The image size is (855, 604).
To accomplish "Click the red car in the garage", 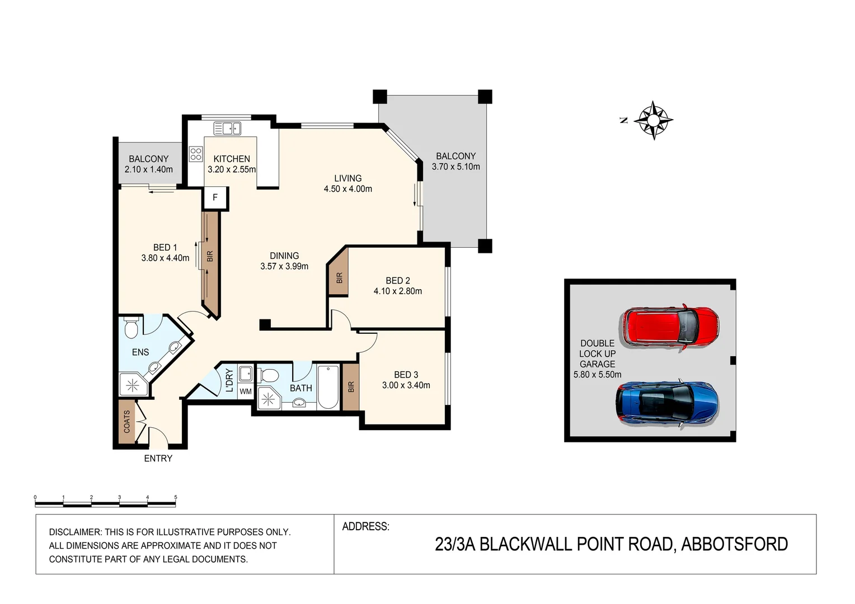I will [669, 327].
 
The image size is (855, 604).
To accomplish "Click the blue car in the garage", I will [667, 404].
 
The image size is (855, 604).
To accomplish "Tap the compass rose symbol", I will [654, 120].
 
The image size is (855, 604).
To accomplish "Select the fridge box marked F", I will [215, 198].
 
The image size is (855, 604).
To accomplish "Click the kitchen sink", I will [227, 129].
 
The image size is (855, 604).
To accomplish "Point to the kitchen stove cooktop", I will [195, 154].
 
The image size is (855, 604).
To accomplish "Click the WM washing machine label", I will [246, 392].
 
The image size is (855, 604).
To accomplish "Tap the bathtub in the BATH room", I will [328, 387].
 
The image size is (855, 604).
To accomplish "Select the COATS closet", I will [127, 422].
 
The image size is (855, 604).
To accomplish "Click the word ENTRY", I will [158, 459].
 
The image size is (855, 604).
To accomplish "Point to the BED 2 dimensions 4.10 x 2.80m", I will [398, 291].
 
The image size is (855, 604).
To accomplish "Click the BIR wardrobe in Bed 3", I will [351, 387].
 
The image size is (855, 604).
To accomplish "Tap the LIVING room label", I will [348, 178].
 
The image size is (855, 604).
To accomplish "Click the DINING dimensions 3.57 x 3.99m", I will [284, 267].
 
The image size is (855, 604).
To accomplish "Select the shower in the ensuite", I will [133, 385].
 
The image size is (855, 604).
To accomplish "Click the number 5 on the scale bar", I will [176, 497].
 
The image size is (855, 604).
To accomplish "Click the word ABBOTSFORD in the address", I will [734, 544].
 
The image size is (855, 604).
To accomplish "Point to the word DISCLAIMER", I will [76, 532].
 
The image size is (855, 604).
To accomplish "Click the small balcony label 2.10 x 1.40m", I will [149, 169].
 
